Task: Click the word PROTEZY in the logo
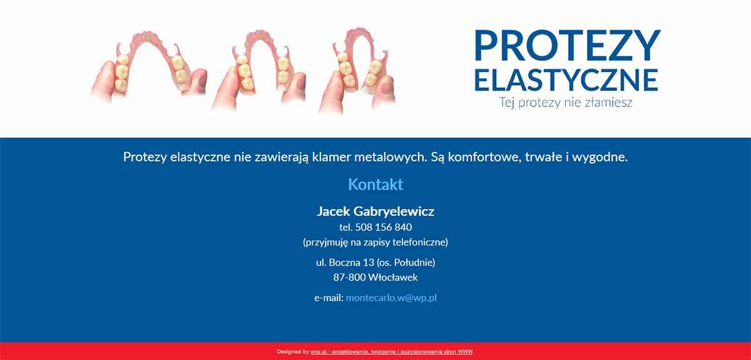[x=567, y=45]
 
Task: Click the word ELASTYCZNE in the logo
[x=566, y=80]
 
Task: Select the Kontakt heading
[x=375, y=184]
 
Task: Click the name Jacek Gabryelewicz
[x=375, y=212]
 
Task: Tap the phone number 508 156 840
[x=384, y=227]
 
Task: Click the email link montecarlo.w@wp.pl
[x=391, y=298]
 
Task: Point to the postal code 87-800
[x=349, y=277]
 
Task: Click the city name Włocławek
[x=393, y=277]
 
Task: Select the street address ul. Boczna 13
[x=345, y=262]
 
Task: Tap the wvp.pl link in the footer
[x=319, y=352]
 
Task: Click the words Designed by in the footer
[x=293, y=352]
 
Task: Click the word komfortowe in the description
[x=485, y=157]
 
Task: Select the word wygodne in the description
[x=600, y=157]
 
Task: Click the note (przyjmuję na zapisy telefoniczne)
[x=375, y=242]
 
